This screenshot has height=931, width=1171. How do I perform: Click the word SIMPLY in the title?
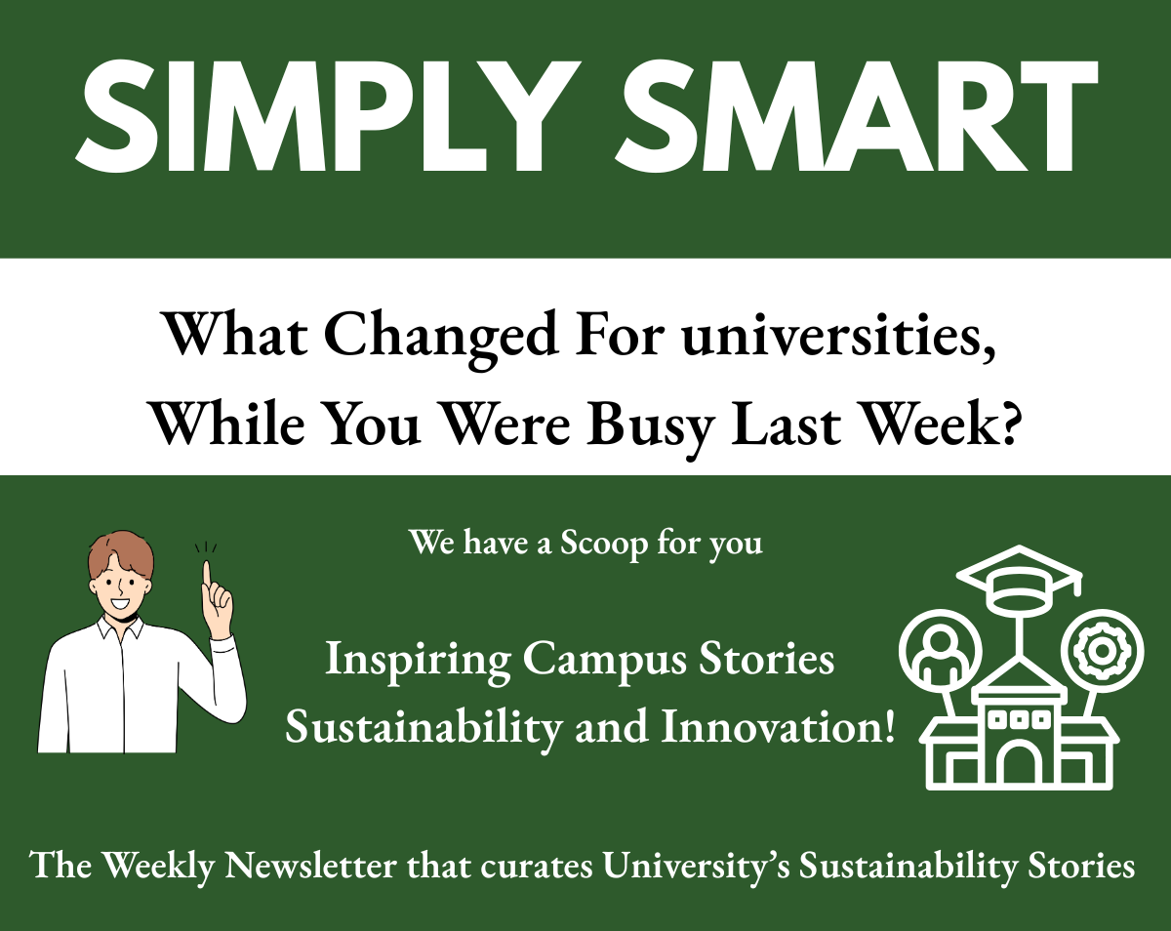pyautogui.click(x=325, y=115)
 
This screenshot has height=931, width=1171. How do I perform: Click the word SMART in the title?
pyautogui.click(x=856, y=115)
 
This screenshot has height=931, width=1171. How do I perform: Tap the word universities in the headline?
pyautogui.click(x=839, y=338)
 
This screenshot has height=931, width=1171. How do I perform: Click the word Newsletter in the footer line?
pyautogui.click(x=310, y=866)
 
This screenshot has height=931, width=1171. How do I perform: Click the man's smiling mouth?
pyautogui.click(x=119, y=604)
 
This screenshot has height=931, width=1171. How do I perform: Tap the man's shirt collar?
pyautogui.click(x=121, y=627)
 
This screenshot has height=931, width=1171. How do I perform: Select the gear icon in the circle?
pyautogui.click(x=1102, y=651)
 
